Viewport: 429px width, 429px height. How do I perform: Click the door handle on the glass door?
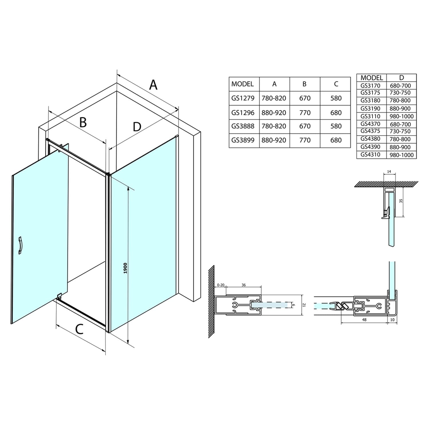pyautogui.click(x=21, y=245)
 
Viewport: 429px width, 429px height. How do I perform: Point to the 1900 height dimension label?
pyautogui.click(x=125, y=268)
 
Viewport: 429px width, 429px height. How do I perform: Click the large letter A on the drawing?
pyautogui.click(x=153, y=85)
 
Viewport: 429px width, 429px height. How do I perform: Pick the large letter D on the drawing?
pyautogui.click(x=137, y=126)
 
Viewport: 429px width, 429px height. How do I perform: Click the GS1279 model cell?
pyautogui.click(x=243, y=98)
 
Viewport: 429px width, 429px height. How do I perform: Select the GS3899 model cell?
pyautogui.click(x=243, y=140)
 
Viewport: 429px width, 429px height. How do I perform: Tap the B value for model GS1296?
pyautogui.click(x=305, y=113)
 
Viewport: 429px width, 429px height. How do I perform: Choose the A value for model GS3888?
pyautogui.click(x=274, y=126)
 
